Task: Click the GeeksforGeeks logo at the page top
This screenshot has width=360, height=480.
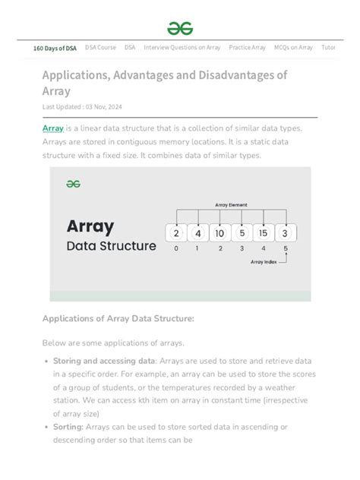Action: point(180,28)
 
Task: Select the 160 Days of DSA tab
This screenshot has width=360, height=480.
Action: point(55,48)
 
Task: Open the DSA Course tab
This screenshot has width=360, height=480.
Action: point(100,47)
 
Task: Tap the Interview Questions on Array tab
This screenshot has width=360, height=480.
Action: point(182,47)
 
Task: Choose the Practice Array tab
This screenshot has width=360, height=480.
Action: point(248,47)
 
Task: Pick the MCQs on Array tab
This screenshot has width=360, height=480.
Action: point(293,47)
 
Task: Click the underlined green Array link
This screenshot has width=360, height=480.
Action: point(52,128)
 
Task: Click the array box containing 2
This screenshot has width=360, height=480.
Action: point(176,232)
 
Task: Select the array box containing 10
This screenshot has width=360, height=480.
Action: point(219,232)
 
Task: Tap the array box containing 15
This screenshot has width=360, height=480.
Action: point(263,232)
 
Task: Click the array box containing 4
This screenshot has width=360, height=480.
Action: point(197,232)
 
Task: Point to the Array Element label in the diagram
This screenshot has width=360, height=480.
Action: point(231,204)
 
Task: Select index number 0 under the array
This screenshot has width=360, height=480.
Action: point(176,248)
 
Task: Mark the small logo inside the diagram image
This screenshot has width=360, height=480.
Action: point(73,183)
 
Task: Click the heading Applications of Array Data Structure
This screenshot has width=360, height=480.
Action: point(118,318)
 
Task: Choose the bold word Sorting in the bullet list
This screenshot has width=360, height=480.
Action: point(68,428)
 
